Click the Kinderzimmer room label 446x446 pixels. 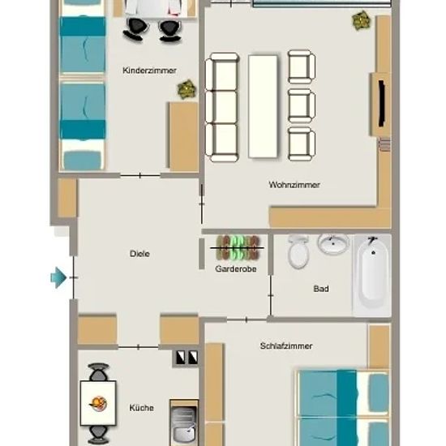click(x=149, y=71)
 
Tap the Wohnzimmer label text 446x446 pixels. click(x=294, y=185)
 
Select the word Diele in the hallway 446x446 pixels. click(x=139, y=254)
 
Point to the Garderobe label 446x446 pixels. click(x=236, y=268)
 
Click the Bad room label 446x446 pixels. click(x=321, y=289)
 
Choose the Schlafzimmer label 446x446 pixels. click(x=286, y=346)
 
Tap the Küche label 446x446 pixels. click(x=141, y=408)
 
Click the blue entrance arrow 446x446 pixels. click(x=58, y=277)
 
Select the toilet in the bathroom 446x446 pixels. click(x=298, y=251)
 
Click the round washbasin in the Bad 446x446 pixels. click(x=333, y=243)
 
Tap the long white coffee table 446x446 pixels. click(x=263, y=106)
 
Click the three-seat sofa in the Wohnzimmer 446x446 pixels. click(x=222, y=107)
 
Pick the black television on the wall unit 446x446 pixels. click(x=381, y=104)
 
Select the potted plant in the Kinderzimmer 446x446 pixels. click(x=187, y=89)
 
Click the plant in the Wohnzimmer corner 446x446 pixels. click(x=361, y=20)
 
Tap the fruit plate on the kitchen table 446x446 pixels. click(x=98, y=404)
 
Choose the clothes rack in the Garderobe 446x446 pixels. click(x=237, y=247)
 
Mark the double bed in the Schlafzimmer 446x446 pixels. click(x=343, y=408)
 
